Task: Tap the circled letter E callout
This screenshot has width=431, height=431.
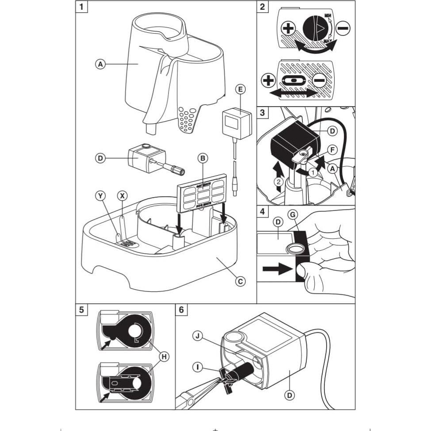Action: [x=240, y=89]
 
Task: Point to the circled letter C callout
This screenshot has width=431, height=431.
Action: [x=240, y=281]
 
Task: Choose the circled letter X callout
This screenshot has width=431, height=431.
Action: [x=122, y=195]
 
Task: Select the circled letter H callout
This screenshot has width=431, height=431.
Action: [x=164, y=357]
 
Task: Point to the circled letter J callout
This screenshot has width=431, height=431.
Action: [x=199, y=336]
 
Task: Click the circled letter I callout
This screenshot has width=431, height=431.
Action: [x=199, y=366]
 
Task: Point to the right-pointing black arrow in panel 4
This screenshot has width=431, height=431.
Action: [x=278, y=270]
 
